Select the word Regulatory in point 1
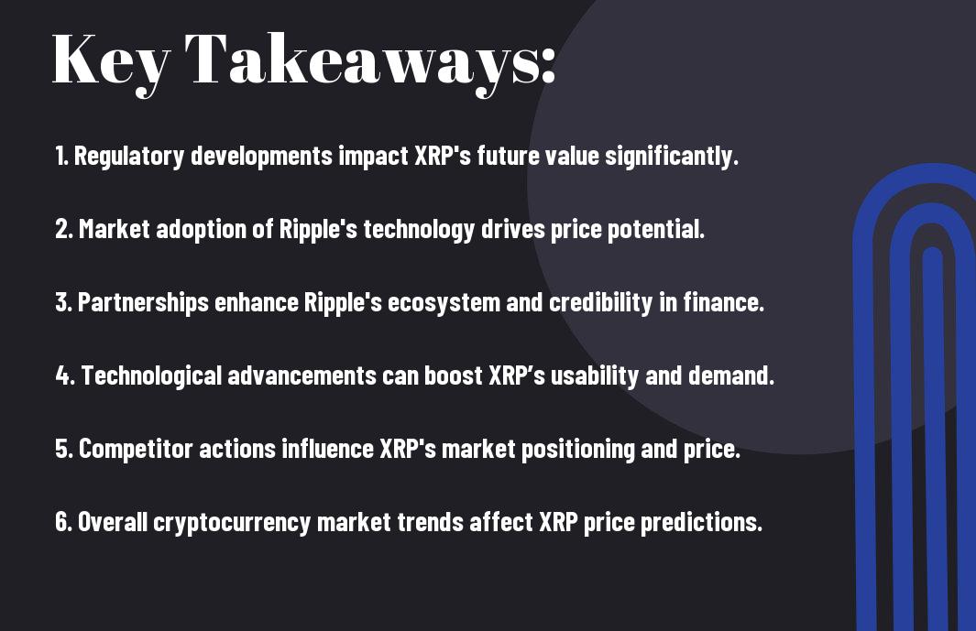point(129,157)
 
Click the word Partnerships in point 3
point(143,303)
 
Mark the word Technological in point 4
point(151,375)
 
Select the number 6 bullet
point(63,521)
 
